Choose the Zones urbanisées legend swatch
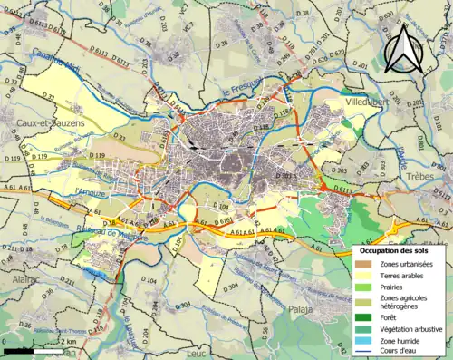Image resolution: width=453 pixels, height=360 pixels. pos(363,264)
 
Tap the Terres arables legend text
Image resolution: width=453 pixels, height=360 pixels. pos(404,275)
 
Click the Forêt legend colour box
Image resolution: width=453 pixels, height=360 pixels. pos(363,316)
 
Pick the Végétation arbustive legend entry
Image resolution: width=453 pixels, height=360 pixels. pos(412,327)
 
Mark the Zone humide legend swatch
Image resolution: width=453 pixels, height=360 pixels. pos(363,340)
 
